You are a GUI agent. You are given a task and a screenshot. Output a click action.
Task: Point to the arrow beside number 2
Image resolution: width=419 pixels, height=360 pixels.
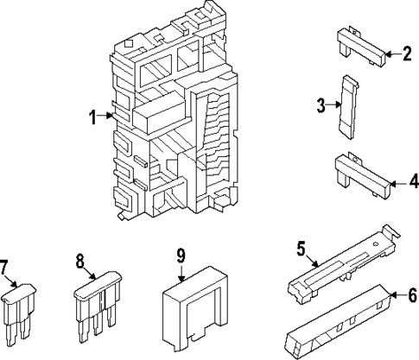(x=390, y=54)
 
